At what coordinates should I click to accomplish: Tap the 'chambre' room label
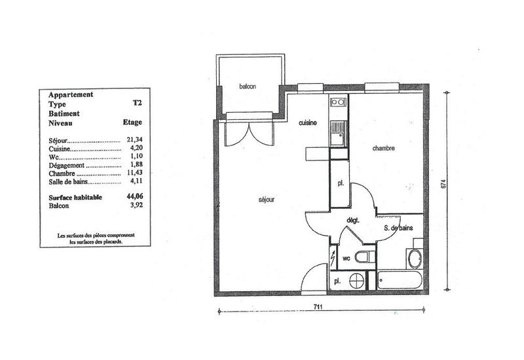pos(383,149)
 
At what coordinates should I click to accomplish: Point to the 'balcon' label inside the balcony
pos(247,87)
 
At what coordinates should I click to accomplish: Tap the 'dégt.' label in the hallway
pos(354,221)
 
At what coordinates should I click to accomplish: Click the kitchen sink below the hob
pos(338,137)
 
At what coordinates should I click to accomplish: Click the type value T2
pos(136,103)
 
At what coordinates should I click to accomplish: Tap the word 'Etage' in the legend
pos(132,122)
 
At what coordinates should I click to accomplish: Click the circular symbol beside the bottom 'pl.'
pos(357,280)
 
